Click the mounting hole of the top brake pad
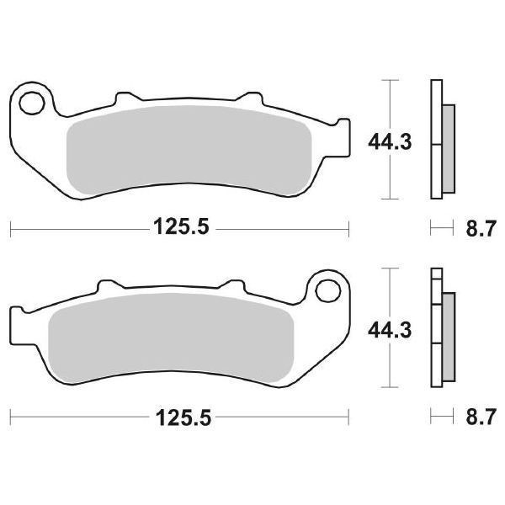32,103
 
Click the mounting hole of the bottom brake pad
328,291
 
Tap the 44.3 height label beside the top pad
390,142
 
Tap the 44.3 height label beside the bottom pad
390,330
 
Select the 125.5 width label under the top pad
181,226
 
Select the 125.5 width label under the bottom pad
183,417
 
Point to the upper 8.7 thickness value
481,229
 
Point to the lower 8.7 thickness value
481,417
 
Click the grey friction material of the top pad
189,150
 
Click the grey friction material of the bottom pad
171,338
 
